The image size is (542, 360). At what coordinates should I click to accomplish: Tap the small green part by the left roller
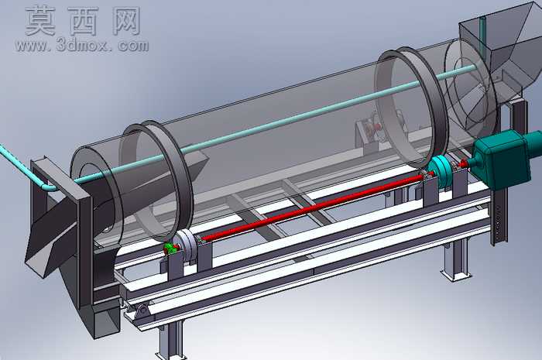(x=170, y=248)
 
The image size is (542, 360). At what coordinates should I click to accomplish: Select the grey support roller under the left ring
(x=186, y=246)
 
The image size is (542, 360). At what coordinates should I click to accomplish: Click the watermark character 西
(x=84, y=21)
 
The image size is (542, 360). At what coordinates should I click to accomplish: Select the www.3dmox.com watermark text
(x=81, y=45)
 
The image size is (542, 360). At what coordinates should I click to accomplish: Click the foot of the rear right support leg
(x=455, y=275)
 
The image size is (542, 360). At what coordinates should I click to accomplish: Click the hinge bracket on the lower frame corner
(x=142, y=311)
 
